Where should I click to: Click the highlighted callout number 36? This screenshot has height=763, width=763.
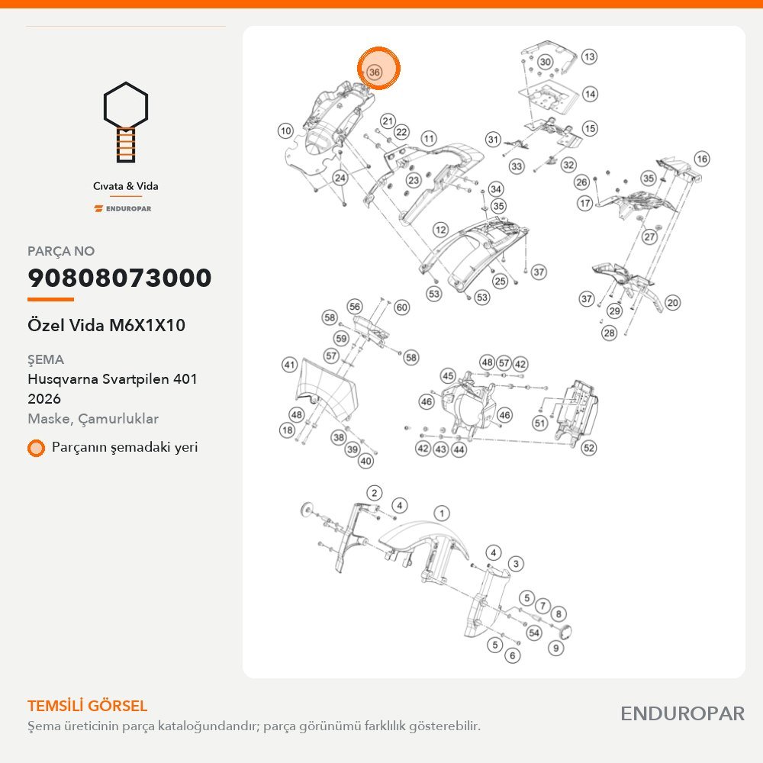374,72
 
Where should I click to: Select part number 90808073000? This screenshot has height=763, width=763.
120,278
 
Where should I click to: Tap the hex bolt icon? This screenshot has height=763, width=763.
126,121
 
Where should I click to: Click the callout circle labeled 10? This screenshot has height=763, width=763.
285,130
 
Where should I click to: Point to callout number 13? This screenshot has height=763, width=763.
589,57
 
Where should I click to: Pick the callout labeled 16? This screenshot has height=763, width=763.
702,159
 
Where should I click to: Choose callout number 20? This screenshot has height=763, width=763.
672,303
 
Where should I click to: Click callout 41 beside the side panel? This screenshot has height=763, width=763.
289,365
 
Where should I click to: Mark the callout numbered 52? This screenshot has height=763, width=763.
588,448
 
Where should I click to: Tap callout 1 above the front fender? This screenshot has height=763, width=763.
442,513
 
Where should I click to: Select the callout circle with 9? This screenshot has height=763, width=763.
555,648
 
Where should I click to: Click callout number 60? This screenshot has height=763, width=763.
401,307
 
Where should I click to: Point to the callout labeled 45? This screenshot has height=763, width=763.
448,375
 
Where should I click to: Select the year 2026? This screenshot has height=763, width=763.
44,399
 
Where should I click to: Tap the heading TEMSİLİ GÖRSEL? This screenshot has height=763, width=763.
87,706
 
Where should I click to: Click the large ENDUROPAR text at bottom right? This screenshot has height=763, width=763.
682,714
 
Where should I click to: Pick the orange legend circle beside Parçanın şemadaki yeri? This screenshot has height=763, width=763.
36,448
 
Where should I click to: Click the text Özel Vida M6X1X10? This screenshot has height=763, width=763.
106,325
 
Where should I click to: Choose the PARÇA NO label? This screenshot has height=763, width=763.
61,251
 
